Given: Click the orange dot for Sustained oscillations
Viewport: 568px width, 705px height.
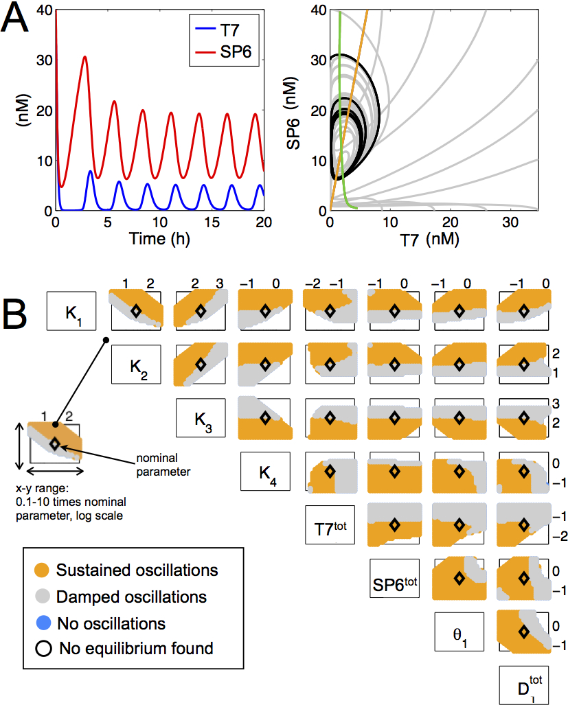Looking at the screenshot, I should pos(42,570).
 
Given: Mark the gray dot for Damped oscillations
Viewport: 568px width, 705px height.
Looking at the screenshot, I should pos(42,597).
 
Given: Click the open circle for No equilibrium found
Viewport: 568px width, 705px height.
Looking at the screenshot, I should pos(42,648).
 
